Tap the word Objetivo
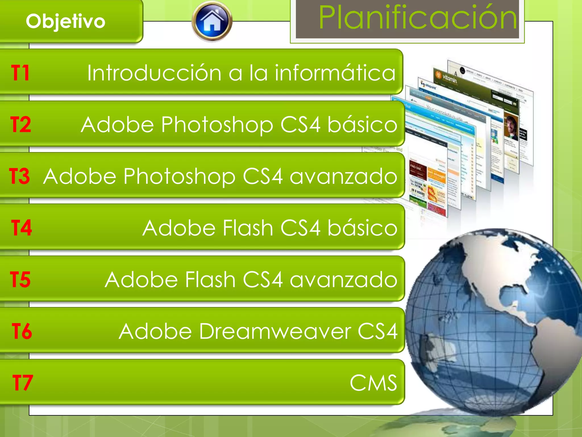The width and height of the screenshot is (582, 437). coord(66,22)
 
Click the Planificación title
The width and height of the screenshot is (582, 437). coord(417,18)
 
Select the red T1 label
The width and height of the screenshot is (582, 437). coord(20,73)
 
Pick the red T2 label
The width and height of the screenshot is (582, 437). coord(20,125)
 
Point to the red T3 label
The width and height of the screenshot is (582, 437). coord(19,176)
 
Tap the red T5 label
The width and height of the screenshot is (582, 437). coord(20,279)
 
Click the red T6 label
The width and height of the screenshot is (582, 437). coord(22,331)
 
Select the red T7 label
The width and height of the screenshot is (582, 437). coord(23,383)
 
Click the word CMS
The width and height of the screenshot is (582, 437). coord(373,383)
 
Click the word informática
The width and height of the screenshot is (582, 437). coord(335,73)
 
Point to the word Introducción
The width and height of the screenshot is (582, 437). coord(154,73)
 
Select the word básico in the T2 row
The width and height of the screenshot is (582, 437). coord(362,125)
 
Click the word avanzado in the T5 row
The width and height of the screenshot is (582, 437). coord(343,280)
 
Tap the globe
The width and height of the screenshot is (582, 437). coord(492,321)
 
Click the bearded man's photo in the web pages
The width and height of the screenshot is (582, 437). coord(511,127)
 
